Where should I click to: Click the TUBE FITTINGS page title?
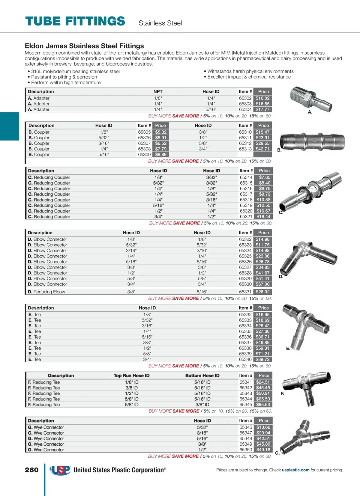[75, 21]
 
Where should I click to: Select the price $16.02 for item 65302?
[262, 98]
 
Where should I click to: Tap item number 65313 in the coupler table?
[245, 149]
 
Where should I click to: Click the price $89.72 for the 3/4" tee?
[262, 359]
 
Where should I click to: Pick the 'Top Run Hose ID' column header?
[131, 376]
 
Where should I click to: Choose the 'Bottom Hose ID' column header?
[202, 376]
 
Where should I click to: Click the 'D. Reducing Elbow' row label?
[46, 292]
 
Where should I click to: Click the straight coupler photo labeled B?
[312, 141]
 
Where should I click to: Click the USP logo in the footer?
[60, 470]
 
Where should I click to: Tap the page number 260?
[31, 470]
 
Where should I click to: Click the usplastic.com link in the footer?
[295, 470]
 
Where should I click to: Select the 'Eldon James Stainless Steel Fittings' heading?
[84, 46]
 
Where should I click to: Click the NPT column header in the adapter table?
[158, 92]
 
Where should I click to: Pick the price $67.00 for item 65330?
[262, 284]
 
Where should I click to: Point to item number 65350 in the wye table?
[246, 450]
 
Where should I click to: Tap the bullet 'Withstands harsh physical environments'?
[250, 71]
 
